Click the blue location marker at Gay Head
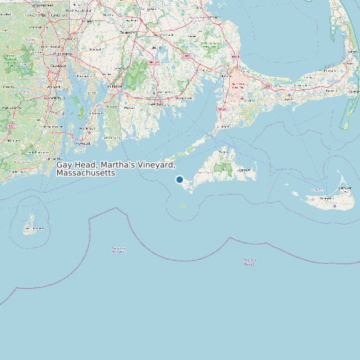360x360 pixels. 179,179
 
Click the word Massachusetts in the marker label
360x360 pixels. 86,173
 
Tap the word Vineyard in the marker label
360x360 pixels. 157,165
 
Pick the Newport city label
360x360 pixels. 82,142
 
